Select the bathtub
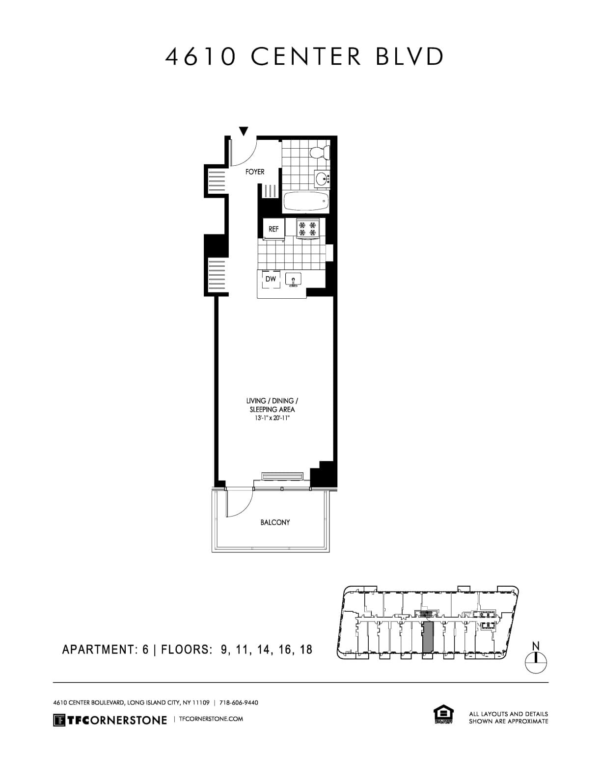click(x=305, y=201)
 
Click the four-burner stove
click(x=308, y=229)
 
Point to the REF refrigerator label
click(x=273, y=229)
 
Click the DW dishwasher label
click(x=271, y=279)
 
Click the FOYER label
click(x=255, y=172)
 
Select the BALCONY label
click(x=275, y=522)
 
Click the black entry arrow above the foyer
click(x=243, y=131)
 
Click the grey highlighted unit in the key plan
click(x=428, y=636)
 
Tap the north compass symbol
click(x=536, y=662)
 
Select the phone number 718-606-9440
click(x=242, y=702)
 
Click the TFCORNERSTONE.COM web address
click(x=212, y=719)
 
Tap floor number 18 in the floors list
click(x=305, y=649)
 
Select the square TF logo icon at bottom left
click(x=59, y=720)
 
